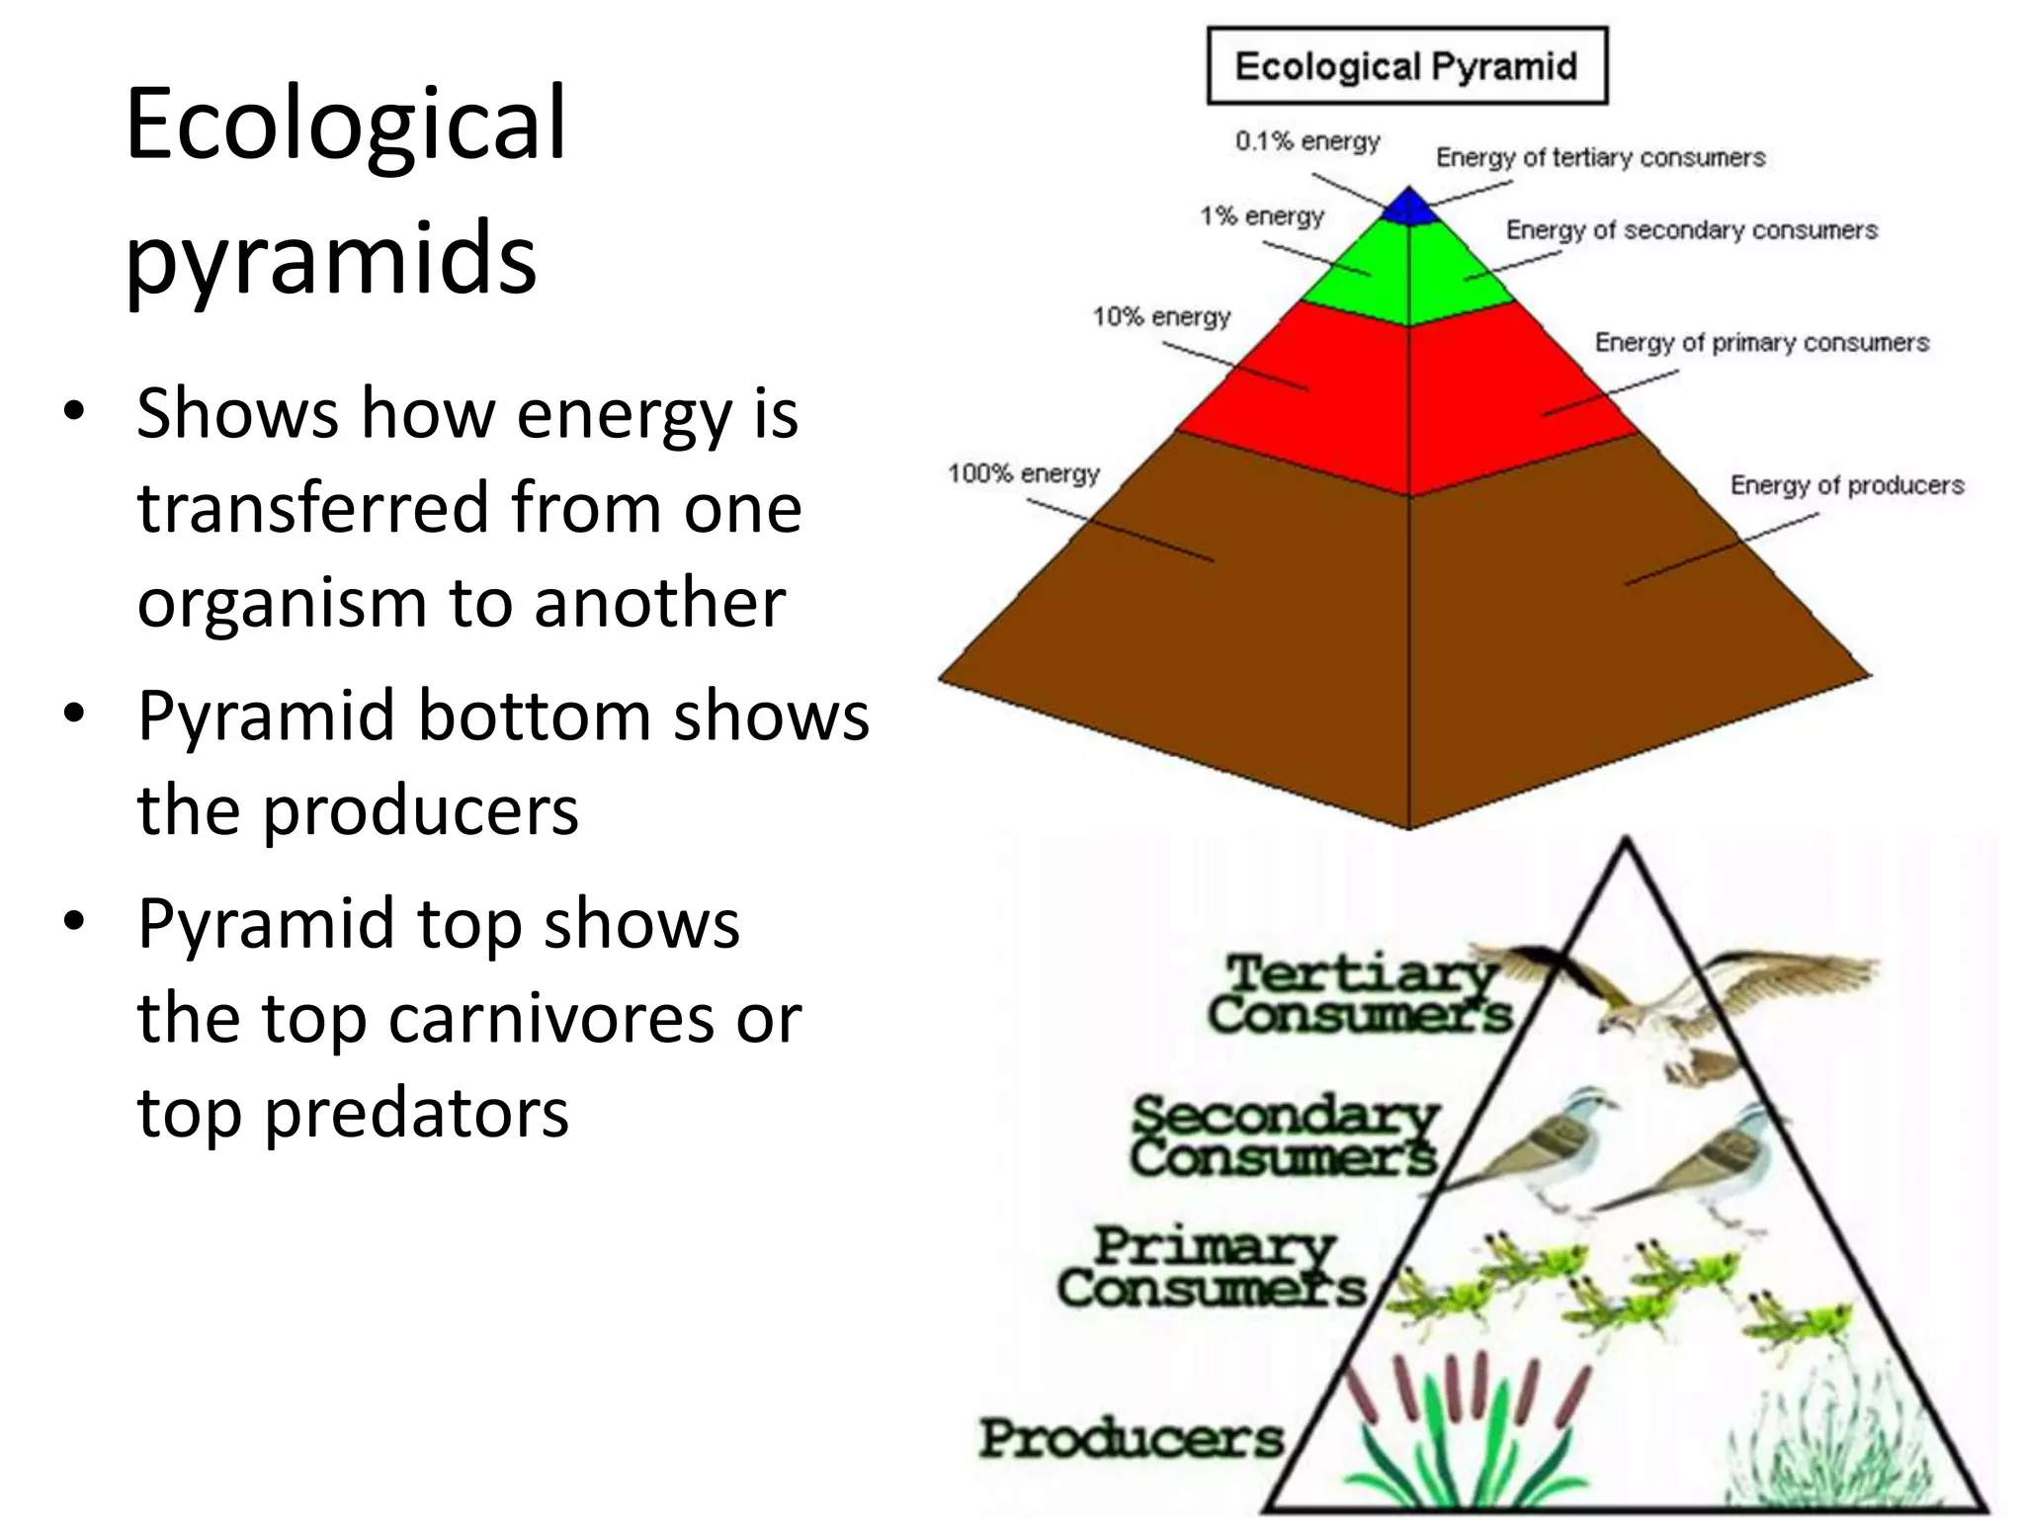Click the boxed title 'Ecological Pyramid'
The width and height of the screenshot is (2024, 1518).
click(x=1406, y=66)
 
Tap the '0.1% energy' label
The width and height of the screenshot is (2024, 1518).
click(x=1307, y=141)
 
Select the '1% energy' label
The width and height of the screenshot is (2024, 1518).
click(x=1261, y=216)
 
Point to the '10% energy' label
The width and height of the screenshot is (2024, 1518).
click(x=1161, y=317)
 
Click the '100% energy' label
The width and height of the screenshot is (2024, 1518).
click(x=1023, y=474)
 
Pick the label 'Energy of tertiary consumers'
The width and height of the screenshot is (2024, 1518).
click(x=1600, y=157)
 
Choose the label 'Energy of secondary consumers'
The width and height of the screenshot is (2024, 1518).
click(x=1691, y=230)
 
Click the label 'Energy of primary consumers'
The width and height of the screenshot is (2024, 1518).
click(x=1761, y=343)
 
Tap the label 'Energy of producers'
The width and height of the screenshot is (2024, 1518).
click(x=1846, y=485)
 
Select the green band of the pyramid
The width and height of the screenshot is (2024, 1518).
click(x=1408, y=272)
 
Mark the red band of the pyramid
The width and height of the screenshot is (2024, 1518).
click(x=1408, y=395)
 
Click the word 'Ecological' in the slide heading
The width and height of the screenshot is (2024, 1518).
click(x=346, y=126)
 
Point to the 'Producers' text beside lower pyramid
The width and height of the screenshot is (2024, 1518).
click(x=1131, y=1439)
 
